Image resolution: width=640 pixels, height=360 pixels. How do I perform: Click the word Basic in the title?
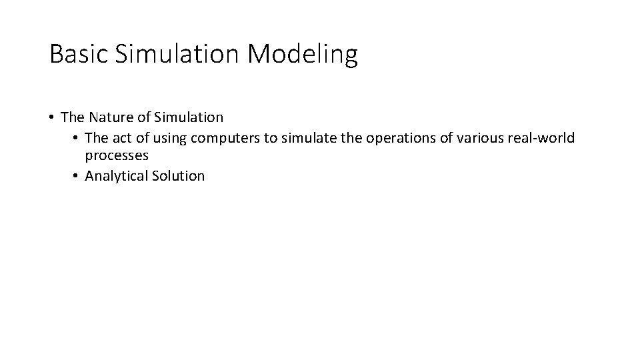[78, 55]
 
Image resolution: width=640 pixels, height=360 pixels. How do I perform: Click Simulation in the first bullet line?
[189, 117]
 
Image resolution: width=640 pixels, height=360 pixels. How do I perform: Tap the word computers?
[224, 138]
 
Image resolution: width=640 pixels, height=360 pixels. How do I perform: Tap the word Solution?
[178, 176]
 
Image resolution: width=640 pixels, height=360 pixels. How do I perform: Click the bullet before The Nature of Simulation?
[51, 118]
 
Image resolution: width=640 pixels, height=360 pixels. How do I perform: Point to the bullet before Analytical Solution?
[77, 177]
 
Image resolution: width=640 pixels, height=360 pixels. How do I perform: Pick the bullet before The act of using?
[77, 138]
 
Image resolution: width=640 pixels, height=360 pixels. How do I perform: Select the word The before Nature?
[71, 117]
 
